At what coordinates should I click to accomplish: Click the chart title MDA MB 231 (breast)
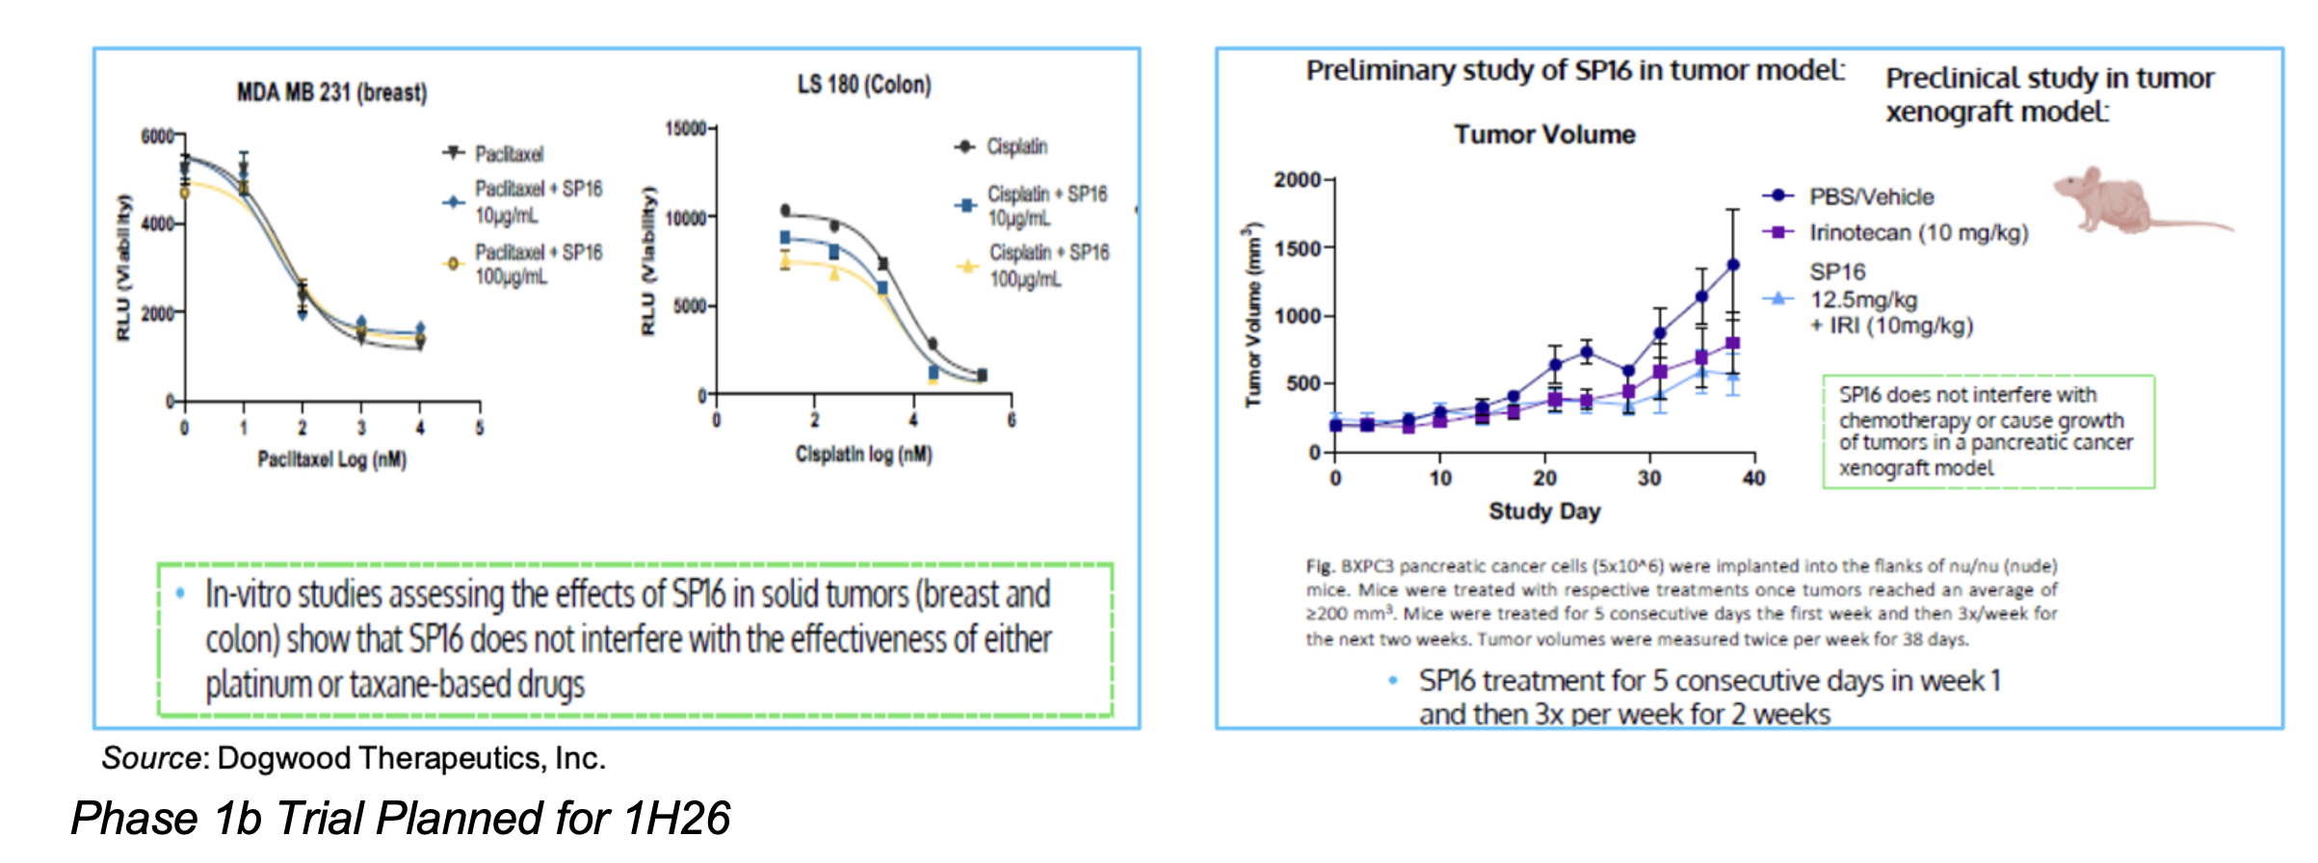[x=331, y=92]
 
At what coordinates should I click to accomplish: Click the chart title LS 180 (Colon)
[x=863, y=85]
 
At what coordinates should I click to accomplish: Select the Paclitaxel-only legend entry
[x=508, y=154]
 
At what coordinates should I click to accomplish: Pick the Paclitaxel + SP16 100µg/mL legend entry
[x=537, y=264]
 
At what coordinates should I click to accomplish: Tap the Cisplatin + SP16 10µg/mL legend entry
[x=1046, y=205]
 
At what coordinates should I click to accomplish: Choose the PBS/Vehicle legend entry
[x=1870, y=196]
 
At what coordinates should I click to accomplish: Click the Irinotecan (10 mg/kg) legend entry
[x=1917, y=232]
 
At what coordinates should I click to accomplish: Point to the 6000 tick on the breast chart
[x=157, y=136]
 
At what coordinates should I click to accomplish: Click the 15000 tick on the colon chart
[x=685, y=128]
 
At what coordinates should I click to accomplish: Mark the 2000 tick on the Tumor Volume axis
[x=1297, y=180]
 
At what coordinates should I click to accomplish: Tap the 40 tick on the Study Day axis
[x=1753, y=478]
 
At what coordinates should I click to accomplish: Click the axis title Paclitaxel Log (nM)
[x=331, y=459]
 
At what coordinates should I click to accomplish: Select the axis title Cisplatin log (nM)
[x=863, y=454]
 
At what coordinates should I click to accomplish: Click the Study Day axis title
[x=1543, y=510]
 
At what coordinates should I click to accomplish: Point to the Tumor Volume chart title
[x=1543, y=134]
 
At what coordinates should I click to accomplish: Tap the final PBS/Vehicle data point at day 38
[x=1732, y=264]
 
